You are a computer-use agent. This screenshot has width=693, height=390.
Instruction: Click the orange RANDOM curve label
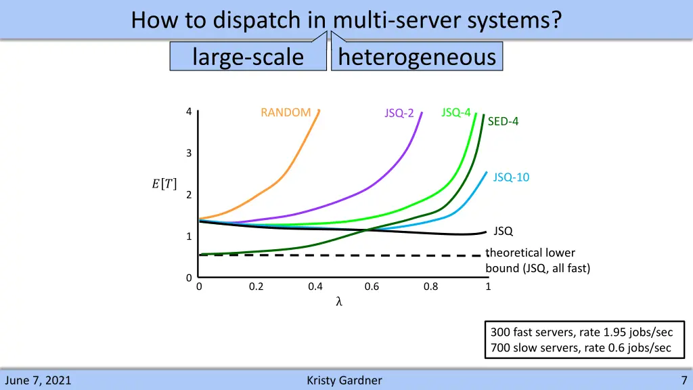(286, 112)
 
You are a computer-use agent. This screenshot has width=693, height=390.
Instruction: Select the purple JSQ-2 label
(399, 113)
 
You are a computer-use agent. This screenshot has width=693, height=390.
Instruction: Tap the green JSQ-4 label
(455, 112)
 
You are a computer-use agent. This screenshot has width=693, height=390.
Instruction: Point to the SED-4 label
(503, 122)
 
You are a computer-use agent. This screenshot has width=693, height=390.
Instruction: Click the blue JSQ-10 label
(511, 177)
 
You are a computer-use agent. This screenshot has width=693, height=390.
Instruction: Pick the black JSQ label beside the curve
(503, 232)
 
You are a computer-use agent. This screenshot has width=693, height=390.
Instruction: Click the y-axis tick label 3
(189, 153)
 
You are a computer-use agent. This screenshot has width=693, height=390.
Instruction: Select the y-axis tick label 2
(189, 195)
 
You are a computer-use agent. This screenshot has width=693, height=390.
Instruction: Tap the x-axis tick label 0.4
(315, 286)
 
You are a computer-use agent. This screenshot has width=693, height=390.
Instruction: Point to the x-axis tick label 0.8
(430, 286)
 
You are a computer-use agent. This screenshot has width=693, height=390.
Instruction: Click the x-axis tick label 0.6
(372, 286)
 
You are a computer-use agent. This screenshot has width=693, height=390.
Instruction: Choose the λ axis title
(339, 302)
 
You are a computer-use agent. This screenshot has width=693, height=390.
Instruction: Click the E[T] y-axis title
(164, 183)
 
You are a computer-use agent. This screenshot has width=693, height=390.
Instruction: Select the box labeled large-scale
(248, 57)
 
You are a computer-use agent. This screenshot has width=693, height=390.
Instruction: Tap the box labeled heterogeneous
(417, 57)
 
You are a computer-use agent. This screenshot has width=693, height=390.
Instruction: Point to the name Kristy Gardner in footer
(344, 381)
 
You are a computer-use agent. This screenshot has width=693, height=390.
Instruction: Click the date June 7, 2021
(38, 381)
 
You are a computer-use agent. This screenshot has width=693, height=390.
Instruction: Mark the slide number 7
(684, 381)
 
